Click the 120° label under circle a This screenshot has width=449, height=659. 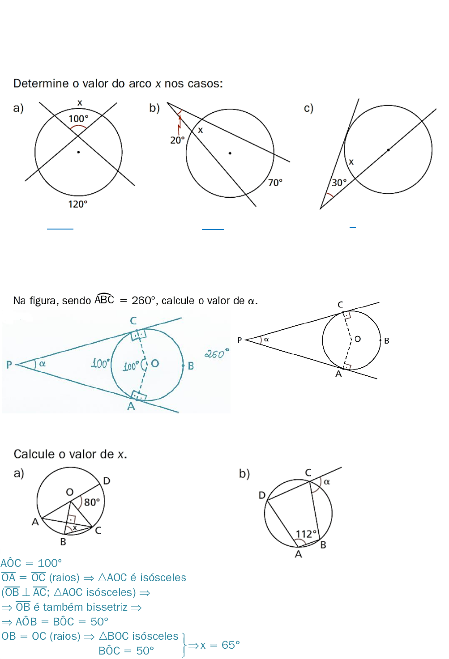coord(77,204)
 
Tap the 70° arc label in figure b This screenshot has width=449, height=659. coord(275,183)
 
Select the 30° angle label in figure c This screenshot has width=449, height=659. coord(339,183)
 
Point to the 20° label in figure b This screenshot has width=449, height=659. coord(177,140)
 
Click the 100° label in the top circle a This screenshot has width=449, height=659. coord(78,119)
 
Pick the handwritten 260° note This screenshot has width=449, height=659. coord(217,354)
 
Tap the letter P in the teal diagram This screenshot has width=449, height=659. coord(9,365)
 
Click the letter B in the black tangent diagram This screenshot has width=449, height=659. coord(387,341)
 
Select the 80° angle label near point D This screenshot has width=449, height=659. coord(92,502)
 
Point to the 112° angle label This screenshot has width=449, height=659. coord(306,534)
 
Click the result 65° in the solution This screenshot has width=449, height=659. coord(231,645)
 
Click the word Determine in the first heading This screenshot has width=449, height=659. coord(41,84)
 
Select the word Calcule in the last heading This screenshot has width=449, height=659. coord(34,454)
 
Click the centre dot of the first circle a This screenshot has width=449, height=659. coord(78,152)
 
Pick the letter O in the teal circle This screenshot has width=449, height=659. coord(155,363)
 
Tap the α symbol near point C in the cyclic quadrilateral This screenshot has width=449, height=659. coord(327,482)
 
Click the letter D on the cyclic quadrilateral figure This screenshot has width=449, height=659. coord(262,495)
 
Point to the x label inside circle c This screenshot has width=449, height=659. coord(351,162)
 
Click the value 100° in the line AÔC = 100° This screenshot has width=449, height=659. coord(50,563)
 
